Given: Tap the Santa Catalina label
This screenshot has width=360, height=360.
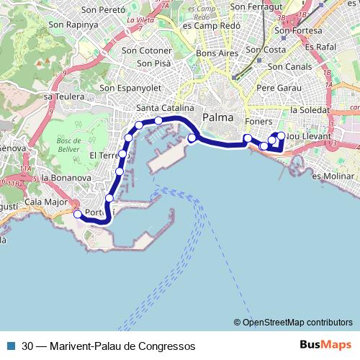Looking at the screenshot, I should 164,108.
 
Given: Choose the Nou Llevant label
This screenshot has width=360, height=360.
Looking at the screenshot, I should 308,136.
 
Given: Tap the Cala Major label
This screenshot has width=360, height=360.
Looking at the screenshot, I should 41,202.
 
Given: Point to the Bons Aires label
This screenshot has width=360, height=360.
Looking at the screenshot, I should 216,54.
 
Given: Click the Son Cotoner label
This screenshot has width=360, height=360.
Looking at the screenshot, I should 147,50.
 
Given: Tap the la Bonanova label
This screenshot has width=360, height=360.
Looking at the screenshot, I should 66,177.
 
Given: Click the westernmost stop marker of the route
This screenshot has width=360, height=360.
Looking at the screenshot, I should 78,213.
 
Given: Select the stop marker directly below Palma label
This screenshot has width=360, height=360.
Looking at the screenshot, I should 192,138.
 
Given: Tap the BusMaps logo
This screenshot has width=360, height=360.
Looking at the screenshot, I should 325,345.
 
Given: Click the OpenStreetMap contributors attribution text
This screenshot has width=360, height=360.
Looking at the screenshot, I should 297,322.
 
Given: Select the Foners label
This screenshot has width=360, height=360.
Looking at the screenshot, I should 257,121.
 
